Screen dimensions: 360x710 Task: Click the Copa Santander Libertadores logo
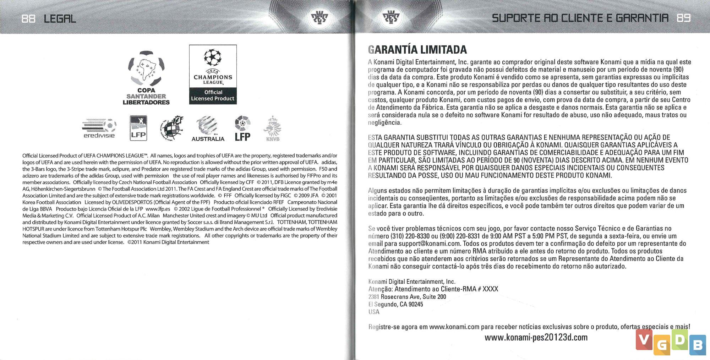coord(146,78)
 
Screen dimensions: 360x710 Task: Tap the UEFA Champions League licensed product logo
coord(213,75)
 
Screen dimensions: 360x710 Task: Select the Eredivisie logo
coord(99,128)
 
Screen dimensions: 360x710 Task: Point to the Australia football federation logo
coord(208,129)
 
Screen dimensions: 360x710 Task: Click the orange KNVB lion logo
coord(273,129)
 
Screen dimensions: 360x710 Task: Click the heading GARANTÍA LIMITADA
coord(417,50)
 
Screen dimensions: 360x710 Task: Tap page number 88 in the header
coord(28,18)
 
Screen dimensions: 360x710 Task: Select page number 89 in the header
coord(683,18)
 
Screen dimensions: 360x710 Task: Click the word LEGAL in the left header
coord(60,18)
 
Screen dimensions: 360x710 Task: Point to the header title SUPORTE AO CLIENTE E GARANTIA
coord(580,18)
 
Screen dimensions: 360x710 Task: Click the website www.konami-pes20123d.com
coord(536,337)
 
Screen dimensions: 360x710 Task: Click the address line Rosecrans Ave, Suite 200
coord(413,297)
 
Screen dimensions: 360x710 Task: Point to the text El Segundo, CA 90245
coord(395,304)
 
